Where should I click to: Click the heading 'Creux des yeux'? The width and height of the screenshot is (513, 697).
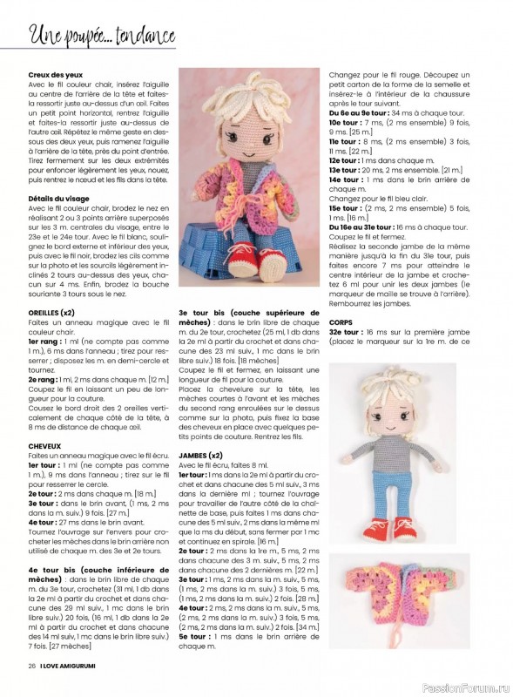point(52,75)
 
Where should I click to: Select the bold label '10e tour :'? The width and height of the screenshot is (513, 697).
point(345,124)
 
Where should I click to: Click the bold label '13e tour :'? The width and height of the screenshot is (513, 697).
point(345,170)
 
